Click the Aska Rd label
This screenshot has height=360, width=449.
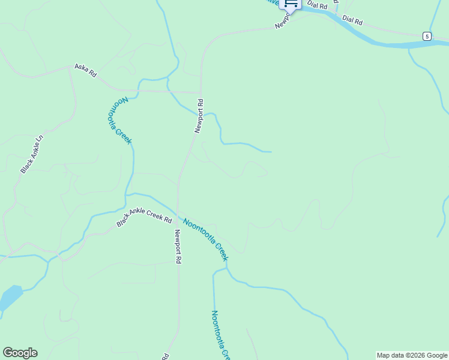coord(85,70)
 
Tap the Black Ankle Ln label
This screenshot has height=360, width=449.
coord(32,154)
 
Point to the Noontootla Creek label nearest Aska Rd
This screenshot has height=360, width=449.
coord(119,120)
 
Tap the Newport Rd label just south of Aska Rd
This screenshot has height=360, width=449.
coord(199,116)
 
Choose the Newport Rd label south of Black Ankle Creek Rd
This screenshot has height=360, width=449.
coord(178,247)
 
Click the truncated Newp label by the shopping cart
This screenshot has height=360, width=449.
coord(282,22)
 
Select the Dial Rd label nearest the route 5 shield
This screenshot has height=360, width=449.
coord(352,20)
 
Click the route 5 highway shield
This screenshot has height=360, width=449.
coord(426,36)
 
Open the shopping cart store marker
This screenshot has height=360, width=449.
coord(291,4)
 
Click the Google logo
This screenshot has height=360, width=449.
coord(20,353)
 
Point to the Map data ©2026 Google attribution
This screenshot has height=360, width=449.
coord(412,355)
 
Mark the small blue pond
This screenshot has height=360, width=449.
coord(10,298)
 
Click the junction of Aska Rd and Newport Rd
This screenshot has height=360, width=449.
coord(200,93)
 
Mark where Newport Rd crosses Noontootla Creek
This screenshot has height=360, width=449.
coord(178,212)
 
